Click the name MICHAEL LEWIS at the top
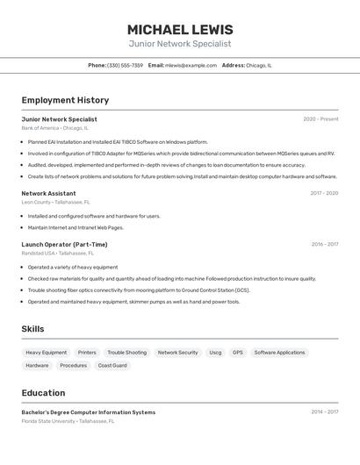[x=180, y=29]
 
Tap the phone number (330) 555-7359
[x=125, y=65]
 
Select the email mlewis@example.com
[x=191, y=65]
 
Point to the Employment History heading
[x=65, y=100]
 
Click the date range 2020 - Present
[x=320, y=119]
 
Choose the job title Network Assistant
[x=48, y=193]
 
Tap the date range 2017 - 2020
[x=324, y=193]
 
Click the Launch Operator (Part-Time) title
[x=64, y=245]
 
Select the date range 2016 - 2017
[x=325, y=245]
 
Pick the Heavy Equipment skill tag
[x=46, y=353]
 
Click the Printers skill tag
[x=87, y=353]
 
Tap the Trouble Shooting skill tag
[x=127, y=353]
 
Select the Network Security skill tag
[x=177, y=353]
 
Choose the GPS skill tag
[x=238, y=353]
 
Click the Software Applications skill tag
[x=279, y=353]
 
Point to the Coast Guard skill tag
[x=112, y=365]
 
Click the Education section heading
[x=43, y=393]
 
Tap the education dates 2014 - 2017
[x=324, y=412]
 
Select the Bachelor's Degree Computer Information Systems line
[x=88, y=412]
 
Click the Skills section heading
[x=32, y=329]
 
